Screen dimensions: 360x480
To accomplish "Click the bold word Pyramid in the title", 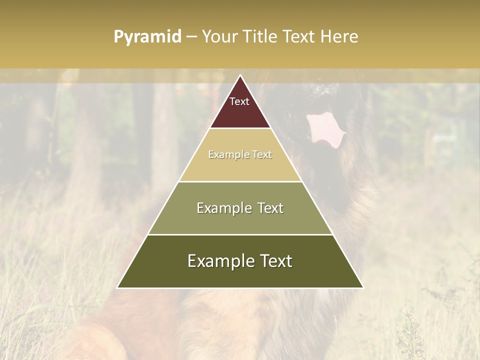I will coord(147,37).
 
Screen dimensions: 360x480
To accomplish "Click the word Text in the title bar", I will coord(300,37).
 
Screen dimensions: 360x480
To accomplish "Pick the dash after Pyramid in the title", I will coord(191,37).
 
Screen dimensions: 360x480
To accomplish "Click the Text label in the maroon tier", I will coord(239,101).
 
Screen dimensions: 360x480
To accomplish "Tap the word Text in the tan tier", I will coord(262,154).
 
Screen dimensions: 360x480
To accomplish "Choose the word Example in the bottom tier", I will coord(219,261).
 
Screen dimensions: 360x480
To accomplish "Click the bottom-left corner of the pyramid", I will coord(117,288).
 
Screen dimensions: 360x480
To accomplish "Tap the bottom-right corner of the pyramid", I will coord(363,288).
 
